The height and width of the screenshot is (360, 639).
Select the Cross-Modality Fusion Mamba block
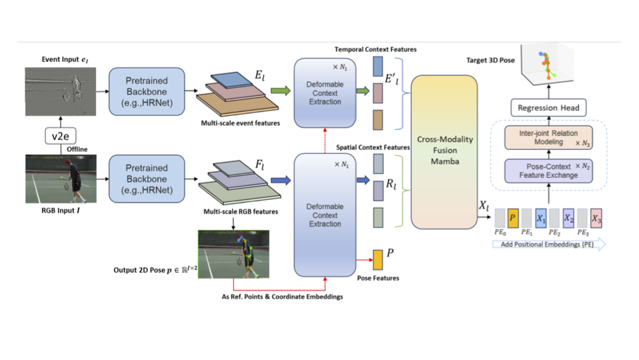tap(445, 151)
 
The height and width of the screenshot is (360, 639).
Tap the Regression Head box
tap(548, 107)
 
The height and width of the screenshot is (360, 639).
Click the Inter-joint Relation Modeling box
tap(548, 138)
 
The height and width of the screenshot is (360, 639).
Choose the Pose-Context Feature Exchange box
tap(548, 171)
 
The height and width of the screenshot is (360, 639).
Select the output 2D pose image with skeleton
tap(233, 254)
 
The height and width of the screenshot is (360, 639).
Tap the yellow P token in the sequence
tap(513, 218)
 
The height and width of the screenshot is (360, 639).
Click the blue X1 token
tap(541, 218)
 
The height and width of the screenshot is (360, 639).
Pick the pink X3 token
tap(596, 218)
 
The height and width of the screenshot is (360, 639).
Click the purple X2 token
tap(568, 218)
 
